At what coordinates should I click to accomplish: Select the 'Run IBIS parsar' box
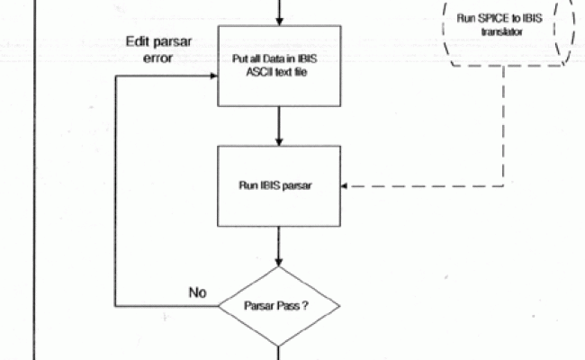click(x=281, y=187)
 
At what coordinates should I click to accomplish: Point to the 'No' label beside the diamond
click(x=197, y=292)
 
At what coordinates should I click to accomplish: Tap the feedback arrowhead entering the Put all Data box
click(x=214, y=76)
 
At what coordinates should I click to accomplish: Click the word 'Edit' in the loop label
click(x=138, y=43)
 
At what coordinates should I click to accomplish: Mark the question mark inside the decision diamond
click(x=307, y=305)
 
